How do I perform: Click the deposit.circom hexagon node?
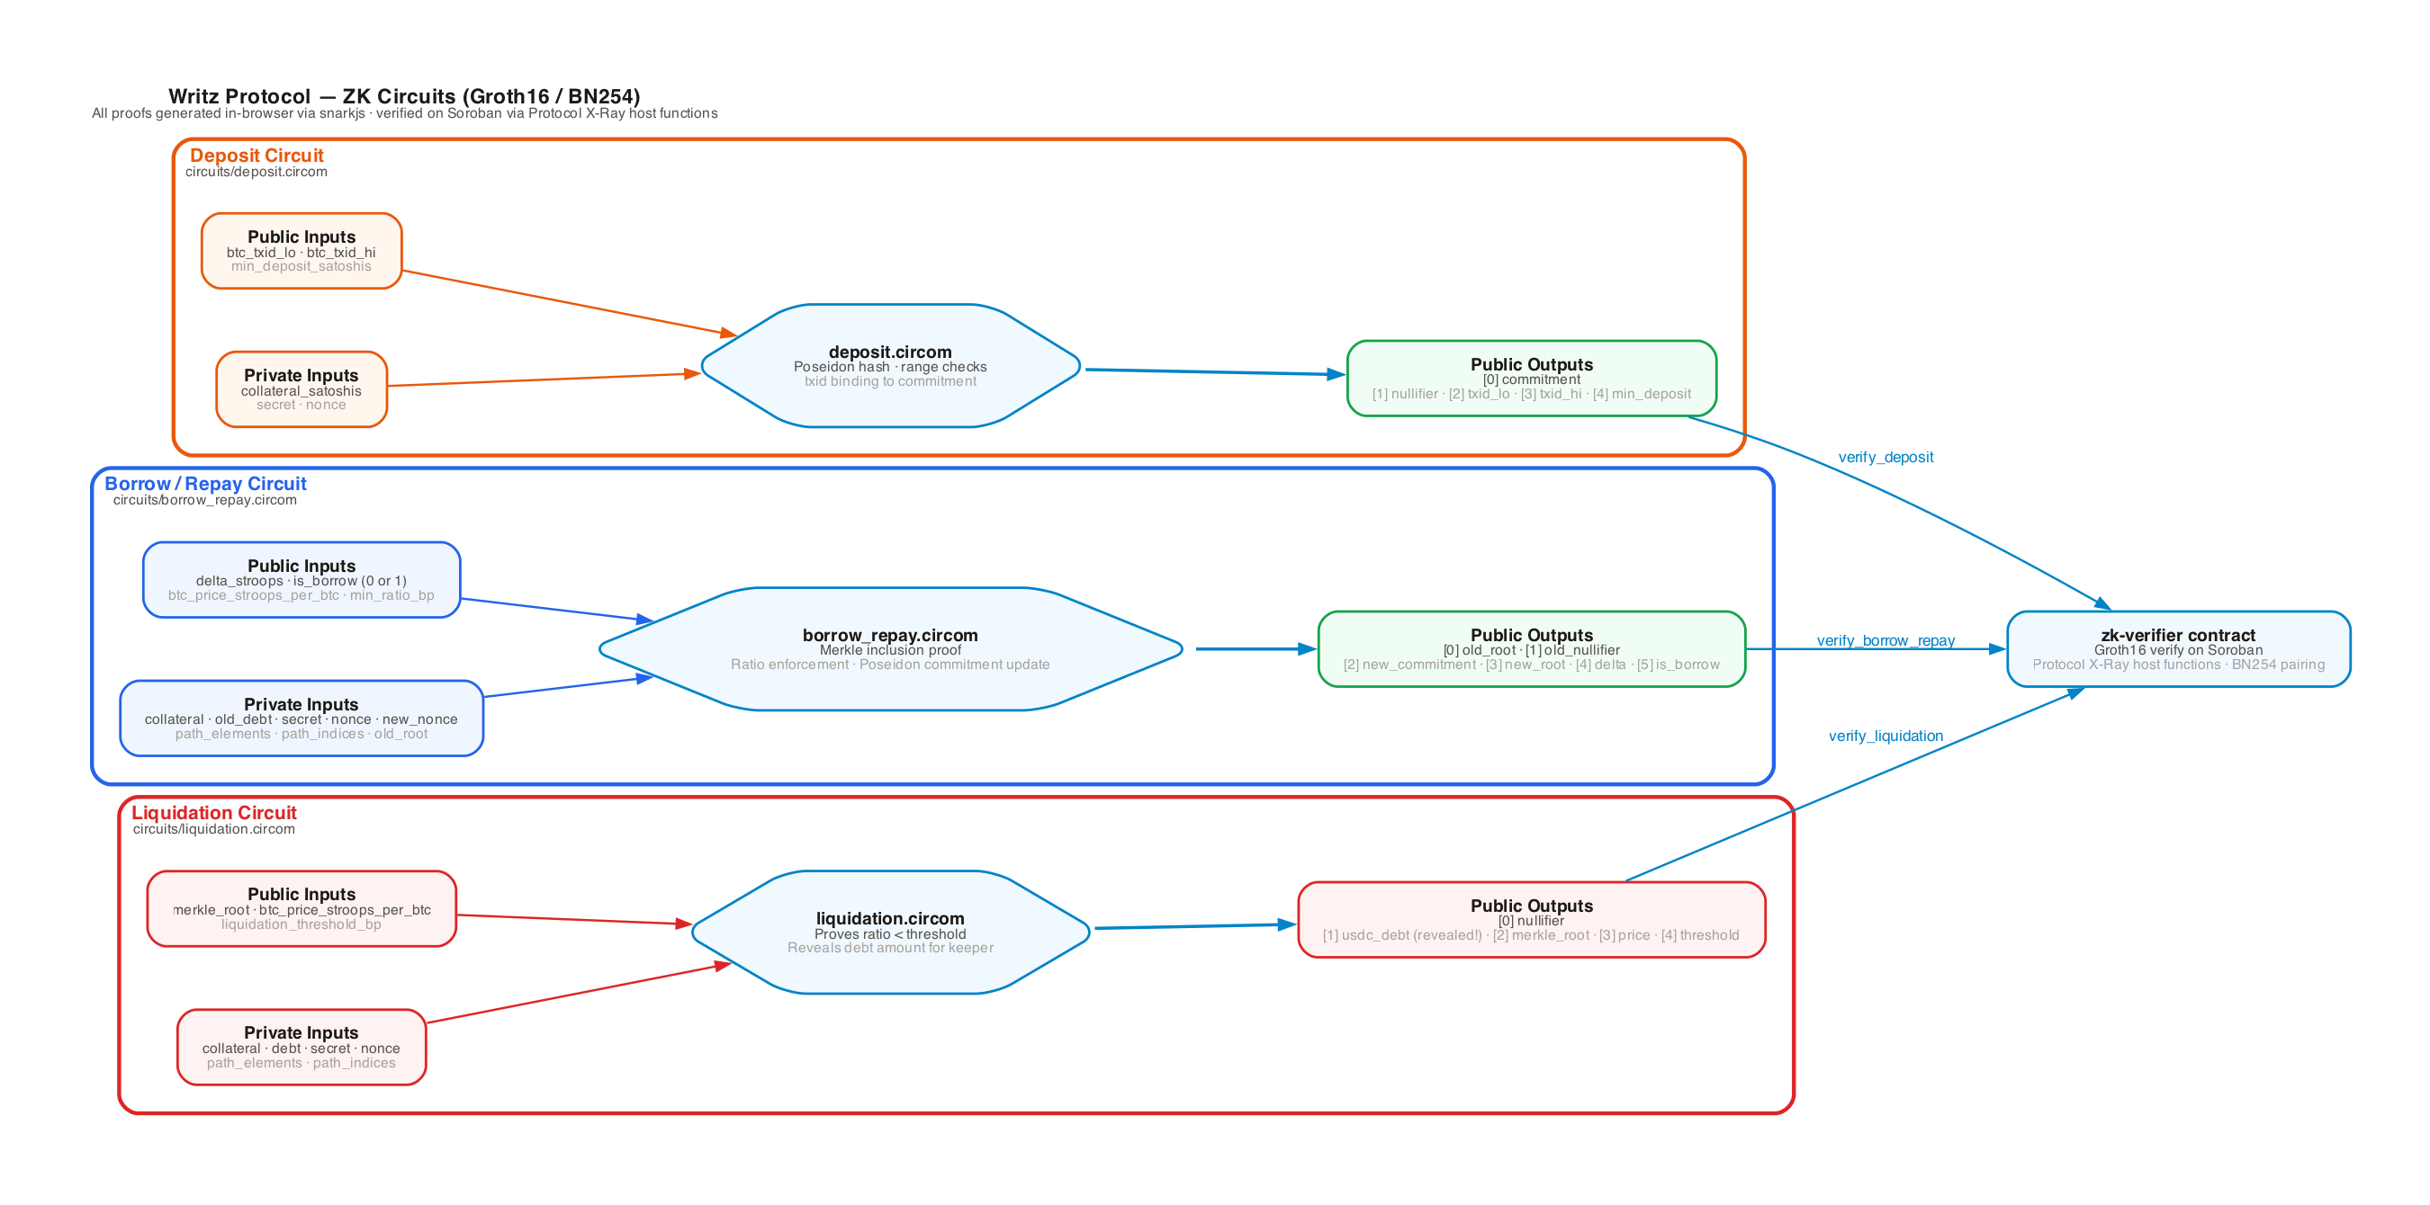coord(890,366)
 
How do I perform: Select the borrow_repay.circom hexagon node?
coord(890,648)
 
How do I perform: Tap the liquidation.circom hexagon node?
coord(890,932)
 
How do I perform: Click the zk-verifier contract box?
coord(2178,648)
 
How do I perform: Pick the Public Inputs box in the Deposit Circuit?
coord(301,251)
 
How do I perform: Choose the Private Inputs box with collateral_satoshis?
coord(301,389)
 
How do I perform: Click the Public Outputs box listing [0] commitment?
coord(1531,378)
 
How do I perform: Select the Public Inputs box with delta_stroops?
coord(301,580)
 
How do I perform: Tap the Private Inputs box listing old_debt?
coord(301,719)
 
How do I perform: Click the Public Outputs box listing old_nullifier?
coord(1531,648)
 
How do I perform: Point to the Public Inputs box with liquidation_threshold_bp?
coord(301,909)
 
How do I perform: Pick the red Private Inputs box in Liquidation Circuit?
coord(301,1048)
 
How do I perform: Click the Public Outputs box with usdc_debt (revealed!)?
coord(1531,920)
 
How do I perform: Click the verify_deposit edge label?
coord(1885,458)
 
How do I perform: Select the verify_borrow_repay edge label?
coord(1885,641)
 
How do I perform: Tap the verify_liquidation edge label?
coord(1885,736)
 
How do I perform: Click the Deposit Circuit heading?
coord(256,156)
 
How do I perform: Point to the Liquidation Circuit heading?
coord(214,813)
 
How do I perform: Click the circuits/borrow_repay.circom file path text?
coord(204,500)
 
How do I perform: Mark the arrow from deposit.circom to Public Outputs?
coord(1216,372)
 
